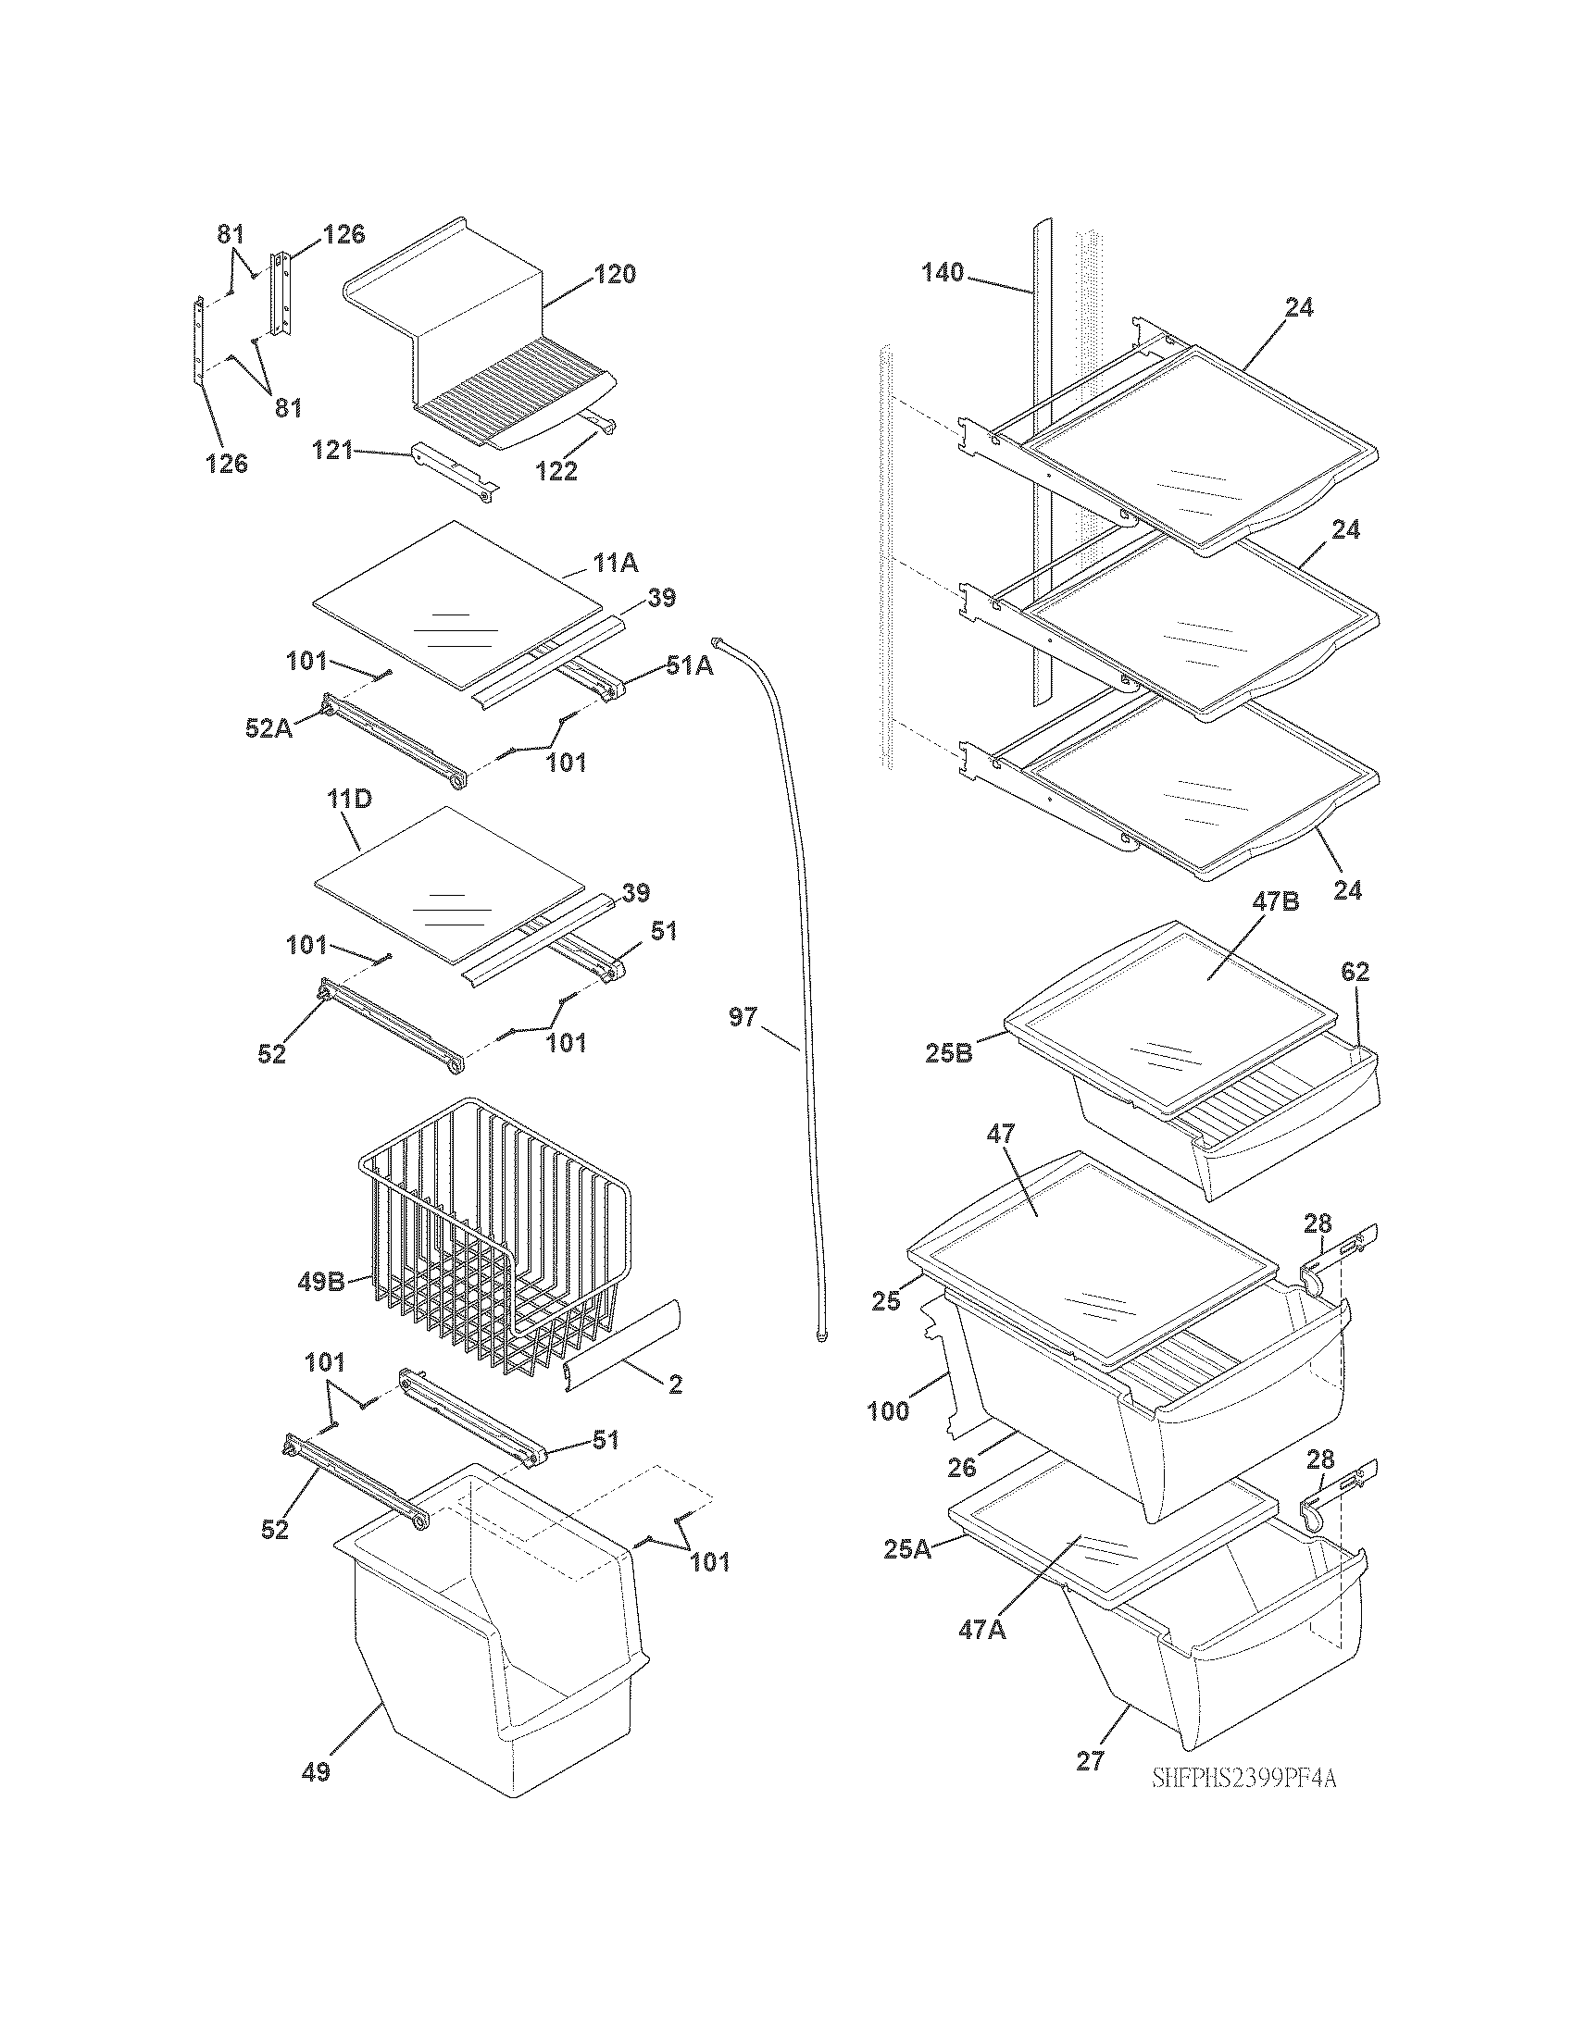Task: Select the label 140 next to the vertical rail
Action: coord(943,273)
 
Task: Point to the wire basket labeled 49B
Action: coord(494,1240)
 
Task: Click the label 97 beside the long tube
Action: coord(743,1017)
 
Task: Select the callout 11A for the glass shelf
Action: coord(616,562)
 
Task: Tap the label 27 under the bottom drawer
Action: coord(1090,1761)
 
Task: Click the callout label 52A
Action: coord(269,729)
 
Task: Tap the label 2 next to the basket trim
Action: coord(675,1410)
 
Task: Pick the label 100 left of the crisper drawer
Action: coord(888,1411)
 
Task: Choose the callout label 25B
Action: coord(948,1053)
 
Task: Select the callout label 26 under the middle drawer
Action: coord(961,1469)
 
